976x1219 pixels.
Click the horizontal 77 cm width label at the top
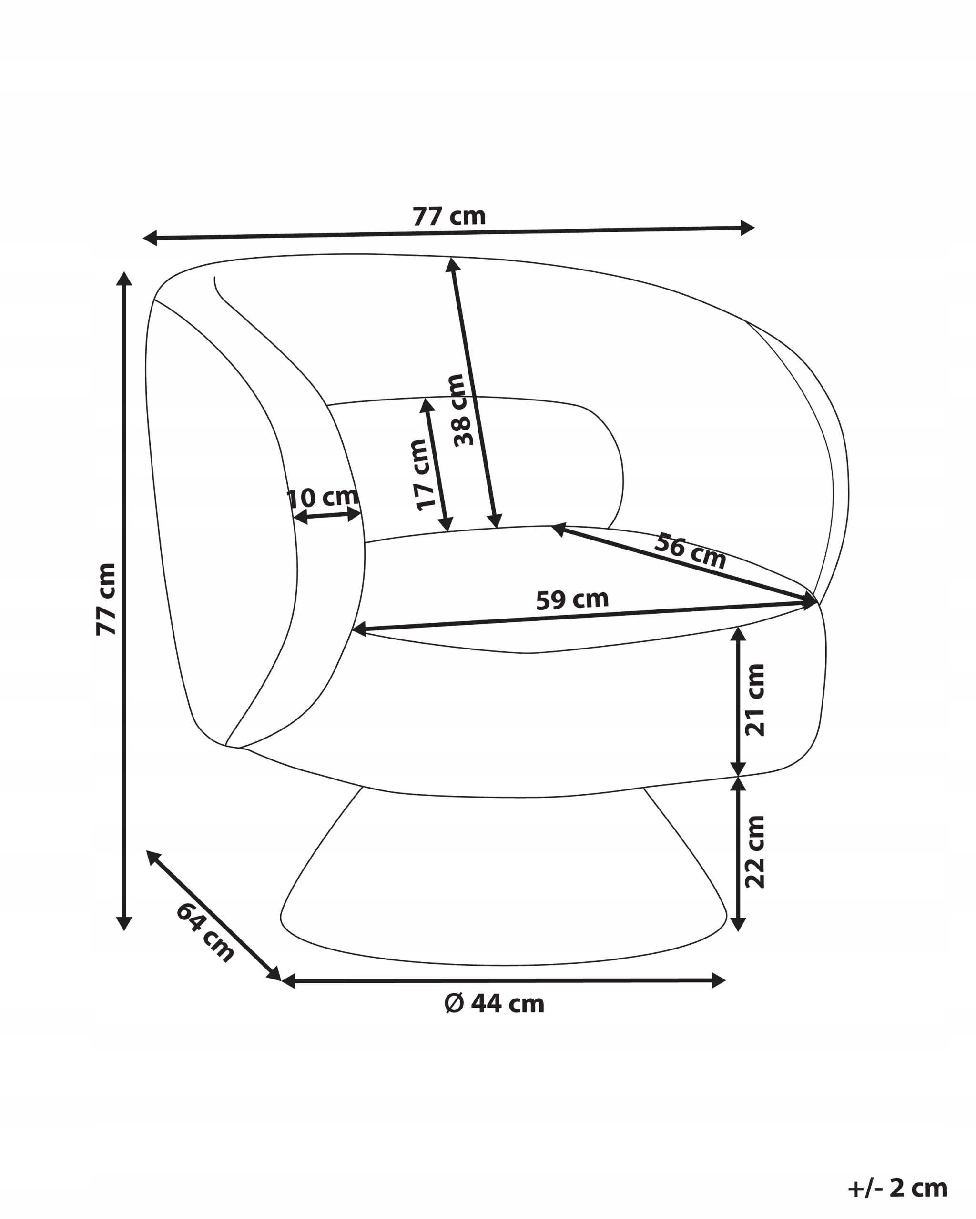[x=448, y=217]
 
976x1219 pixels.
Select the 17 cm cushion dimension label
[x=421, y=475]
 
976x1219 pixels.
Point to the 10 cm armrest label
[x=323, y=498]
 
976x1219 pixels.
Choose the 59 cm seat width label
[x=572, y=600]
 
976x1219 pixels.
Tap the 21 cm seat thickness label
[x=755, y=700]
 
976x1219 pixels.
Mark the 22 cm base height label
[x=755, y=851]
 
